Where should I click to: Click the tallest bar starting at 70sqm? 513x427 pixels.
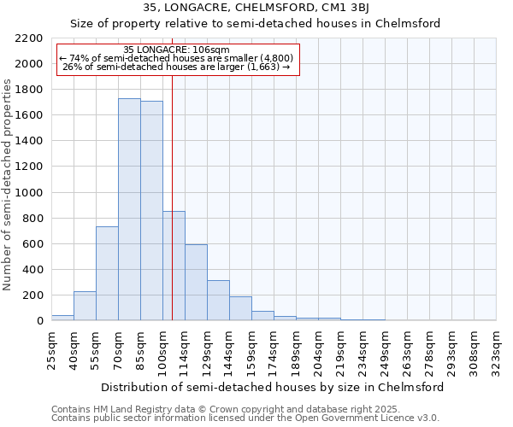click(x=129, y=209)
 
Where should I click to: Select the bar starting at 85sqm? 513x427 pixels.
click(x=151, y=211)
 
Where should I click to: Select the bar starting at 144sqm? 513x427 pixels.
click(x=240, y=308)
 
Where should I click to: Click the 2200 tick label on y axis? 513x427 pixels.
click(x=29, y=38)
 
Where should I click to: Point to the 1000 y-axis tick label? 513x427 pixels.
click(x=29, y=193)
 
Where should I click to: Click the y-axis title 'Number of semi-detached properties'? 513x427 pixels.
click(x=9, y=184)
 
